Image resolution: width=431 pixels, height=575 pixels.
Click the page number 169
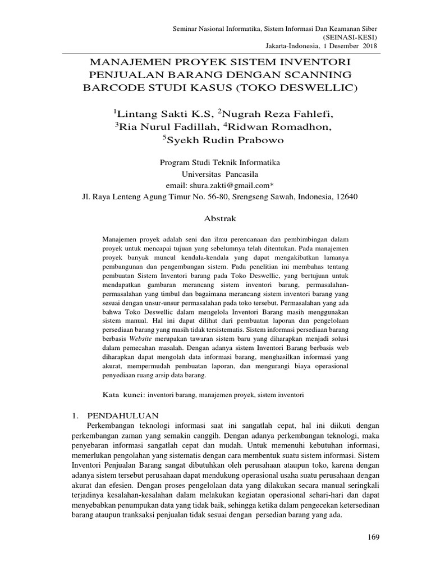(x=373, y=537)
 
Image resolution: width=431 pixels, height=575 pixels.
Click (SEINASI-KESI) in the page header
(x=350, y=36)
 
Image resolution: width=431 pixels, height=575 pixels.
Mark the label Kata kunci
(x=124, y=395)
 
